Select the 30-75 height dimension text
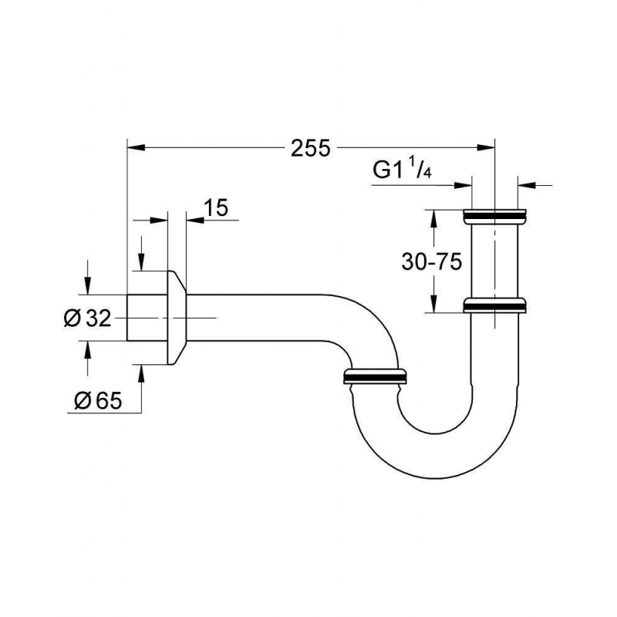point(431,262)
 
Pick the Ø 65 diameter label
point(96,400)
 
